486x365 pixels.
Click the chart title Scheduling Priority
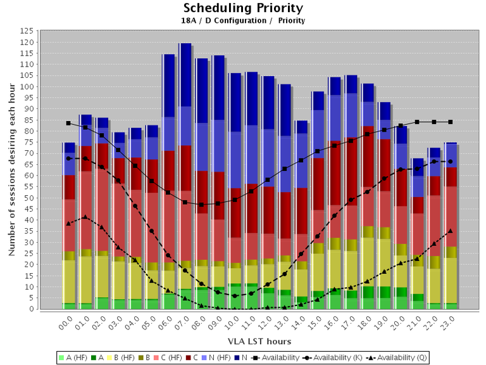[x=243, y=8]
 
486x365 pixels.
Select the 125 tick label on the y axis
[x=28, y=31]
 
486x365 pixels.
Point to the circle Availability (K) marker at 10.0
[x=234, y=296]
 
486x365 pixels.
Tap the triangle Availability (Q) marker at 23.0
[x=450, y=231]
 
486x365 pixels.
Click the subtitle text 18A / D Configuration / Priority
[x=243, y=21]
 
